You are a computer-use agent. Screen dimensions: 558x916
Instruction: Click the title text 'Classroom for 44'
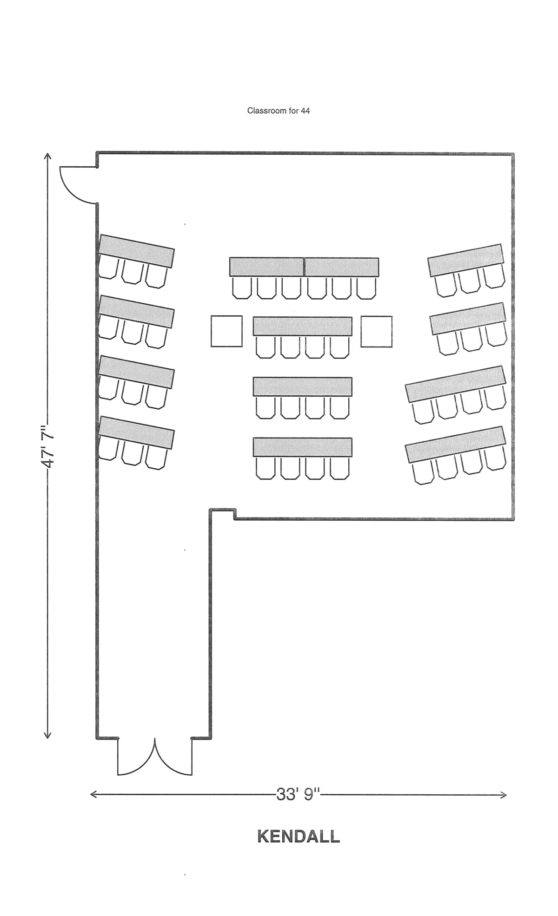[x=279, y=111]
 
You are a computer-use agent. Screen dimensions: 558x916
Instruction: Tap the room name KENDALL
[x=299, y=837]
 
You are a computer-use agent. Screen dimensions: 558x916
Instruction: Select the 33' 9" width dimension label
[x=299, y=795]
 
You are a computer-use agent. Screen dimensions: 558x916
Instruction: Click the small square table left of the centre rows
[x=226, y=331]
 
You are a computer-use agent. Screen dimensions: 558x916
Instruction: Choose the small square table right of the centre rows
[x=376, y=331]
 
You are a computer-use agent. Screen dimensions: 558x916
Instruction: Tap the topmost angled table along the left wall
[x=137, y=251]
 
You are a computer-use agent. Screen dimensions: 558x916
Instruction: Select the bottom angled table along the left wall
[x=137, y=432]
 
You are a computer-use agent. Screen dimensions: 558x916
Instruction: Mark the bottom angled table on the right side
[x=455, y=445]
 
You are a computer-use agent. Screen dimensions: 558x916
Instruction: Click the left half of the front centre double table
[x=267, y=267]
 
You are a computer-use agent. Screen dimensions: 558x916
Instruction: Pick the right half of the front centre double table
[x=342, y=267]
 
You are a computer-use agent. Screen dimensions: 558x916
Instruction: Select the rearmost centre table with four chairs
[x=303, y=447]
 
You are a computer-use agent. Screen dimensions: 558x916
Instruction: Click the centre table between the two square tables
[x=303, y=326]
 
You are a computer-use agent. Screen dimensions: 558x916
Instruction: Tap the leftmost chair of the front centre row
[x=242, y=288]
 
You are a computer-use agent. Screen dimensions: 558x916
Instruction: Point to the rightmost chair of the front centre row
[x=366, y=288]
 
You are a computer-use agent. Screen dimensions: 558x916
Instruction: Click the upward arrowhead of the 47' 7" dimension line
[x=47, y=157]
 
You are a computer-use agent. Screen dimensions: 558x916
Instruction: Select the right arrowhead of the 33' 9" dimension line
[x=503, y=795]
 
